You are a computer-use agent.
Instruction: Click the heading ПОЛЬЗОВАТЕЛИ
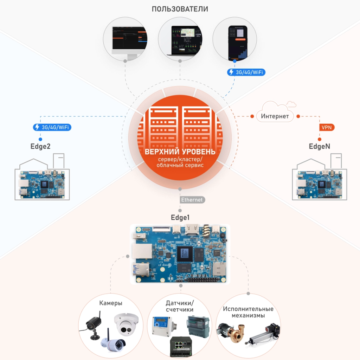coord(180,9)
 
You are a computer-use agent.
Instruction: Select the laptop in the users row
coord(180,41)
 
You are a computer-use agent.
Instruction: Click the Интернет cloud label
coord(275,116)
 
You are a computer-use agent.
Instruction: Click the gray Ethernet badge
coord(192,200)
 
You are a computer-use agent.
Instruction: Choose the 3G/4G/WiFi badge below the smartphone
coord(246,72)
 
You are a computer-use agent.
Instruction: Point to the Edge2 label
coord(40,146)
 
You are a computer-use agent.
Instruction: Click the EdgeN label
coord(319,146)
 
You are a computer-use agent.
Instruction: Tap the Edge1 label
coord(180,217)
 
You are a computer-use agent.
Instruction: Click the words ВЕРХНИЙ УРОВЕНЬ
coord(180,152)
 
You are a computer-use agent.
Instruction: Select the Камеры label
coord(111,303)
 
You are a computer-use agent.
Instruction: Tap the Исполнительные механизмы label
coord(248,312)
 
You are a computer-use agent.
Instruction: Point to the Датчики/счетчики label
coord(180,306)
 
